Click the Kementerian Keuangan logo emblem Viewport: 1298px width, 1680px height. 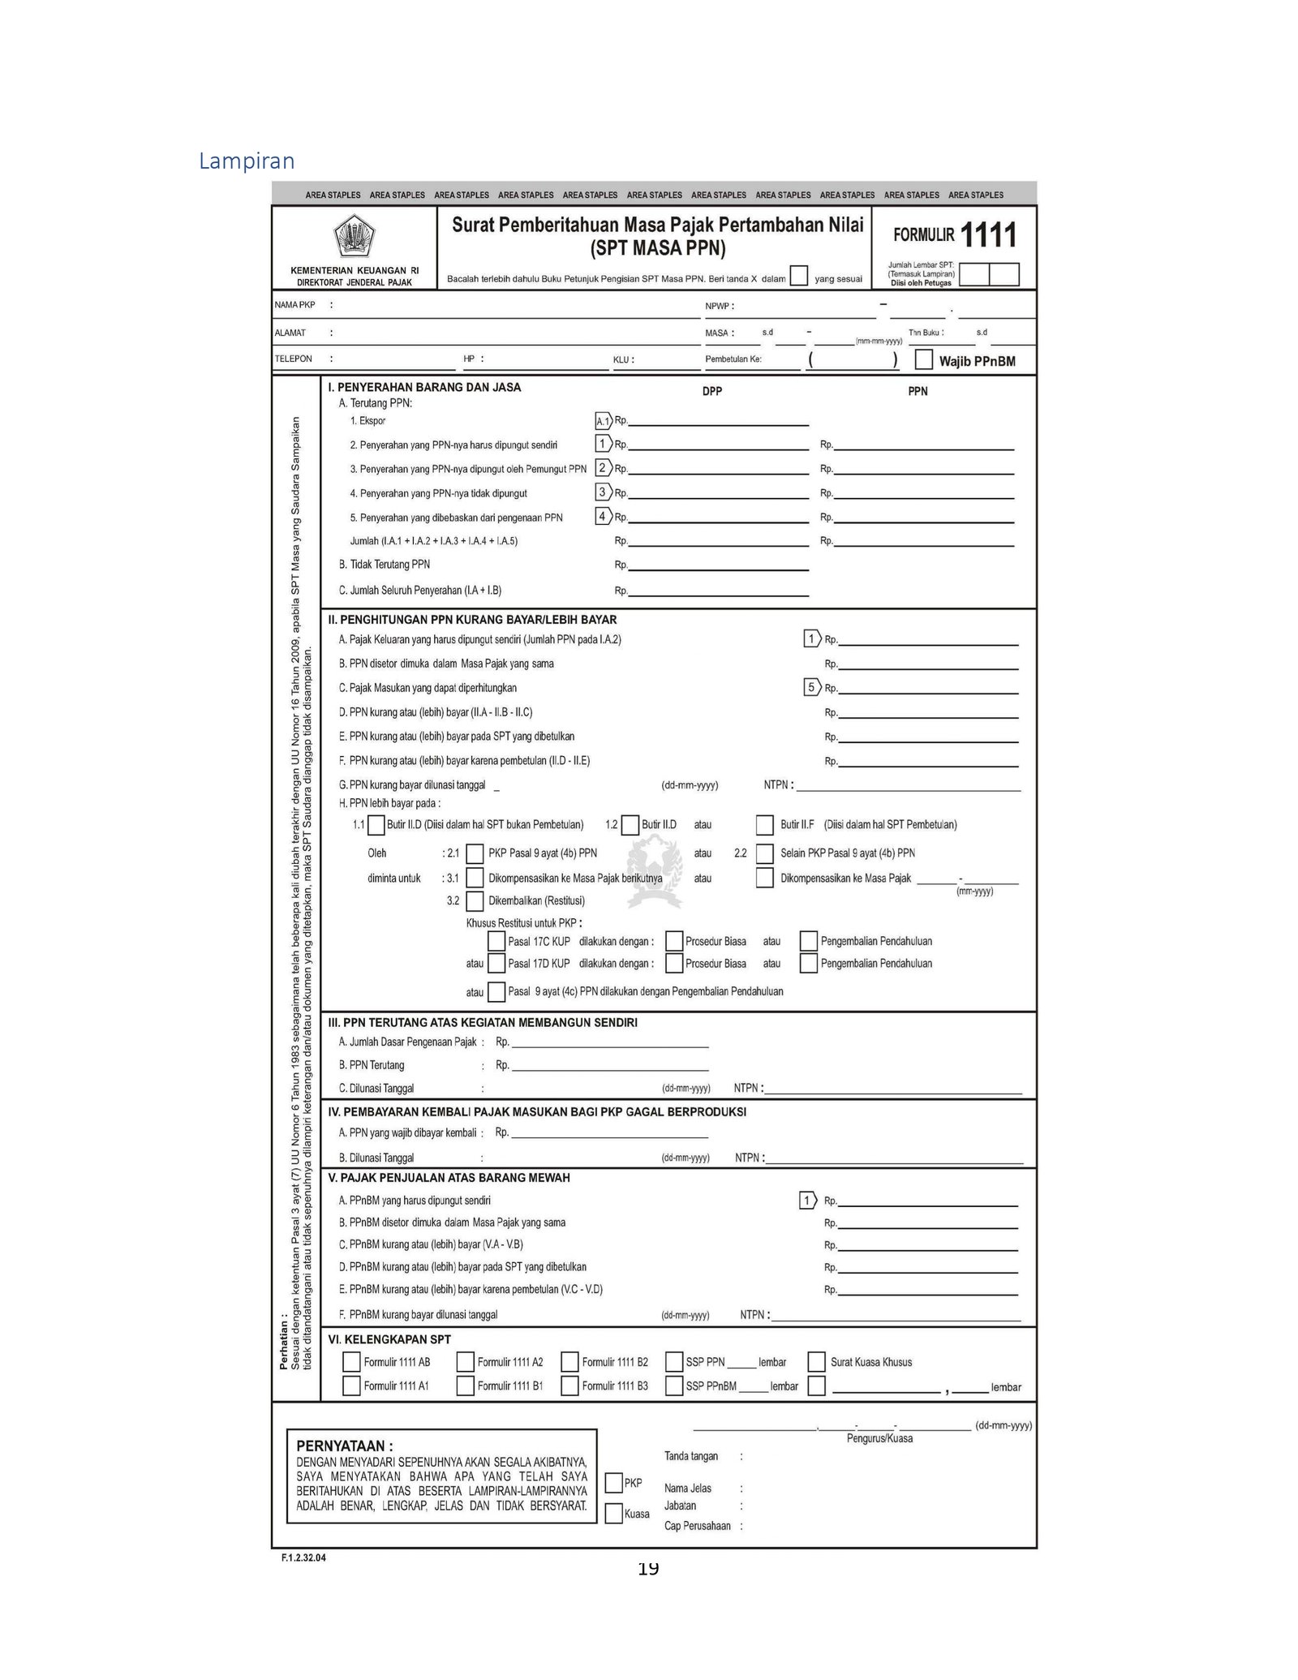coord(355,238)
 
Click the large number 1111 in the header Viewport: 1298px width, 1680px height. coord(988,236)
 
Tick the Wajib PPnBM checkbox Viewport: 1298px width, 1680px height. coord(923,359)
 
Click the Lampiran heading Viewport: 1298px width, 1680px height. coord(247,161)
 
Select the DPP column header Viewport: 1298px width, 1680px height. coord(711,391)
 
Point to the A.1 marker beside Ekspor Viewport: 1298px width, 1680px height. coord(603,421)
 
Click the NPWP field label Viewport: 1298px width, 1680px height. coord(719,307)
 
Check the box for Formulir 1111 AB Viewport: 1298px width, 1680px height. coord(351,1361)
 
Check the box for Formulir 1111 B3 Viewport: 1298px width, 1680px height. coord(569,1385)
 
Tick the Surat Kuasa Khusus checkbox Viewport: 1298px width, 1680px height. coord(817,1361)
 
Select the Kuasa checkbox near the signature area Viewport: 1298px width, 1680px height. coord(614,1513)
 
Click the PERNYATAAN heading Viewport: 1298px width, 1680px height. coord(345,1445)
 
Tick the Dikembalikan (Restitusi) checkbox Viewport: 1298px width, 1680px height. coord(475,900)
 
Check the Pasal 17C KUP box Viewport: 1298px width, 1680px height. coord(496,941)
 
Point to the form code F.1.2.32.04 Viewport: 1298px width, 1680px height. coord(303,1558)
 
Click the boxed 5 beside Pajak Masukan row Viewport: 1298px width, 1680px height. coord(811,687)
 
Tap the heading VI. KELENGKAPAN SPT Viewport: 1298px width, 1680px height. coord(389,1339)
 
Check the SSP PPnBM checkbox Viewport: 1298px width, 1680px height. coord(673,1385)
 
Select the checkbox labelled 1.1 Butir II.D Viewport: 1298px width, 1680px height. coord(376,825)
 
